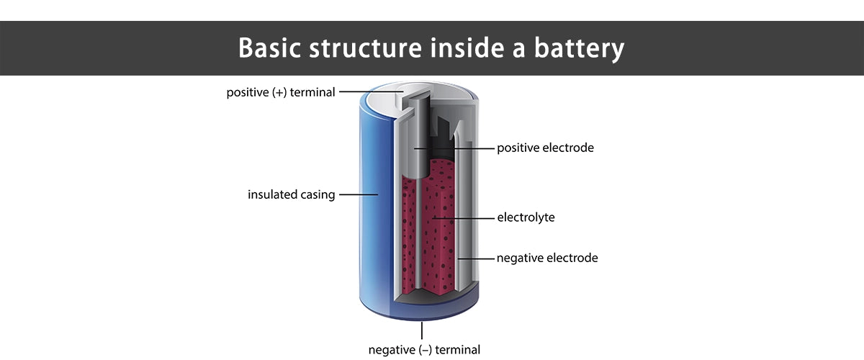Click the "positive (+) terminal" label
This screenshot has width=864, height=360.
tap(281, 93)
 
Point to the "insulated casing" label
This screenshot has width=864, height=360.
tap(292, 194)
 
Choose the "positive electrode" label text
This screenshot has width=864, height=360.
tap(545, 148)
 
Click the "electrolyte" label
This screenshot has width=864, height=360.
tap(526, 217)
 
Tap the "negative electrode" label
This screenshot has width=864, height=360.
tap(547, 258)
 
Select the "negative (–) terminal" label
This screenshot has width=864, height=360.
tap(424, 350)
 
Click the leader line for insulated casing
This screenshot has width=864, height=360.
tap(358, 194)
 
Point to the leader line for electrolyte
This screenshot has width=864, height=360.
tap(464, 217)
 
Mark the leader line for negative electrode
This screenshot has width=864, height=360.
tap(476, 258)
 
